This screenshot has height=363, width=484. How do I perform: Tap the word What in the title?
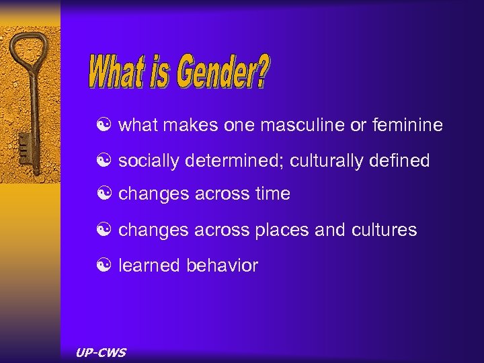115,73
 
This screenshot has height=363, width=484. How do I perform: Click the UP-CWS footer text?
102,353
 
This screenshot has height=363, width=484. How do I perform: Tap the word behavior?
222,266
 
